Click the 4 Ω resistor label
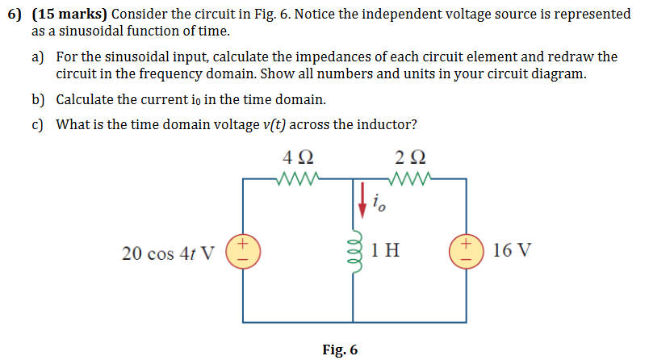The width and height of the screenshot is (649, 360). (x=299, y=157)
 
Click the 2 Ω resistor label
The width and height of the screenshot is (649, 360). (x=412, y=157)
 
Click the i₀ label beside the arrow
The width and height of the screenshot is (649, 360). (x=380, y=203)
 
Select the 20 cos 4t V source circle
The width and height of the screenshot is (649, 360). (x=243, y=250)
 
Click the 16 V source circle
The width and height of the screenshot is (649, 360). (x=467, y=250)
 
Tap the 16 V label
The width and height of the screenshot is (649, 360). (x=511, y=250)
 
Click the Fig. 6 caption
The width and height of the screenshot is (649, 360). (x=339, y=350)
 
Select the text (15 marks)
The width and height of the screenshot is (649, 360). (x=69, y=15)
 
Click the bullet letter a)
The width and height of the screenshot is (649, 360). (x=38, y=57)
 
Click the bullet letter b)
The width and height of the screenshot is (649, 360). (x=38, y=100)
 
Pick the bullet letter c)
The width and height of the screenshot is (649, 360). (x=38, y=124)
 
